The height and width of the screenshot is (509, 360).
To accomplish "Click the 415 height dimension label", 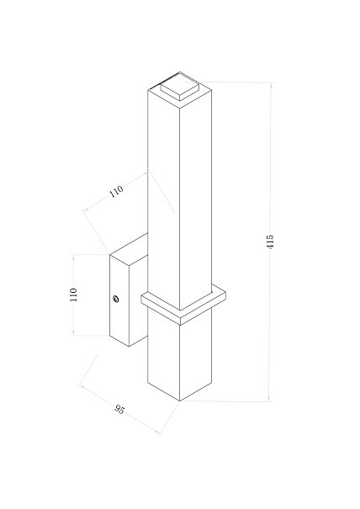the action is [270, 241].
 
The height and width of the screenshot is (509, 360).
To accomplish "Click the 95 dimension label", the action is [119, 410].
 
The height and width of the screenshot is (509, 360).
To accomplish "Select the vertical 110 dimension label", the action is [74, 294].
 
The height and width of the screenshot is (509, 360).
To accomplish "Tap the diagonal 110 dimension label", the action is [116, 191].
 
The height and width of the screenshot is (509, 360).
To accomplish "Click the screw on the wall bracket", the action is [115, 299].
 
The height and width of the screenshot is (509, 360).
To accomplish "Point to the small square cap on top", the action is [179, 86].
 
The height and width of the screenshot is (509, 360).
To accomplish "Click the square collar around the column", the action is [183, 305].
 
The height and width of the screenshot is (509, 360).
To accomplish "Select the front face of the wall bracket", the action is [119, 300].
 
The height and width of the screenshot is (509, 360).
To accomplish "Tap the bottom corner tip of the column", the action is [180, 401].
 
